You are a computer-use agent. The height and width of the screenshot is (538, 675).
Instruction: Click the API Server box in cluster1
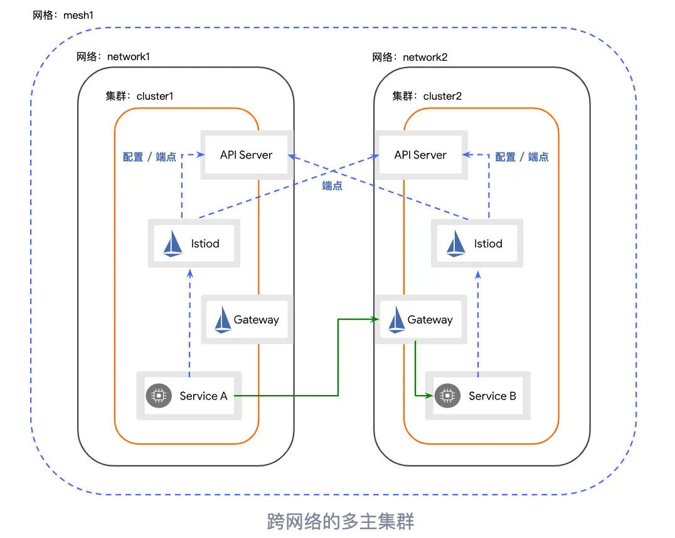(x=247, y=155)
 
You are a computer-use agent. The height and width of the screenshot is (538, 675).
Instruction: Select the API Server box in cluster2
(x=420, y=155)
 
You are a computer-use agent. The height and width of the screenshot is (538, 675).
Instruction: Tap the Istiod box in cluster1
(x=194, y=244)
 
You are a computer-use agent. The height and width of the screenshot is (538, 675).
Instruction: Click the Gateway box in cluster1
(x=247, y=320)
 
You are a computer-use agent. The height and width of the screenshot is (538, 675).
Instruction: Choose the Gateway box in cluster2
(x=421, y=320)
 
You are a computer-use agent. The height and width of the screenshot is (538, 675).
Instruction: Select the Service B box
(x=478, y=396)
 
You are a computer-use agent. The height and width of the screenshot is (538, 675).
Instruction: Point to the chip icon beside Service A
(x=159, y=396)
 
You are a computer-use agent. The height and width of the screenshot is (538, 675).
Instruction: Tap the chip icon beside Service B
(x=447, y=396)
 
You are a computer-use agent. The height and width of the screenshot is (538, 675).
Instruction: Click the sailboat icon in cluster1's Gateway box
(x=223, y=320)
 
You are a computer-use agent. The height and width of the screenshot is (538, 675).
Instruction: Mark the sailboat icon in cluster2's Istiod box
(x=456, y=244)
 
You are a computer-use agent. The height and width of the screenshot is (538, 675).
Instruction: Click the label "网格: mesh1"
(x=63, y=14)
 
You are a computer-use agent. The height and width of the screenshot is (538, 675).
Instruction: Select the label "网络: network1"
(x=113, y=57)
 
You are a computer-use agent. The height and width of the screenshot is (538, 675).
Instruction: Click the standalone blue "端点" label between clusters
(x=332, y=186)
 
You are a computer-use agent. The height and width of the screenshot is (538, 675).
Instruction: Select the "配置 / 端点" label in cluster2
(x=522, y=157)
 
